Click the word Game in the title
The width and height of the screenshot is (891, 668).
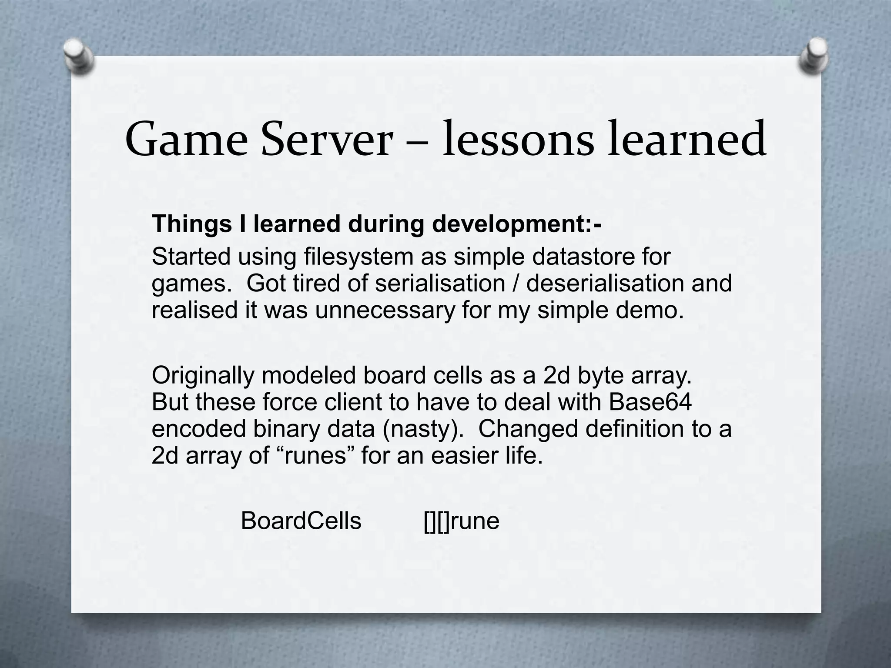(x=186, y=140)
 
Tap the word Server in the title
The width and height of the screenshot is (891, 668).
(x=326, y=140)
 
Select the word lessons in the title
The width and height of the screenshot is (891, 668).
(x=518, y=140)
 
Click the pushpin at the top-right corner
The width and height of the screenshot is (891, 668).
(x=814, y=55)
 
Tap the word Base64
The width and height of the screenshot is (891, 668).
(x=650, y=402)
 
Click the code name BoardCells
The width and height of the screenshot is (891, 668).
(x=301, y=521)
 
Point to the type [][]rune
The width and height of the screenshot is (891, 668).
(x=461, y=521)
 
